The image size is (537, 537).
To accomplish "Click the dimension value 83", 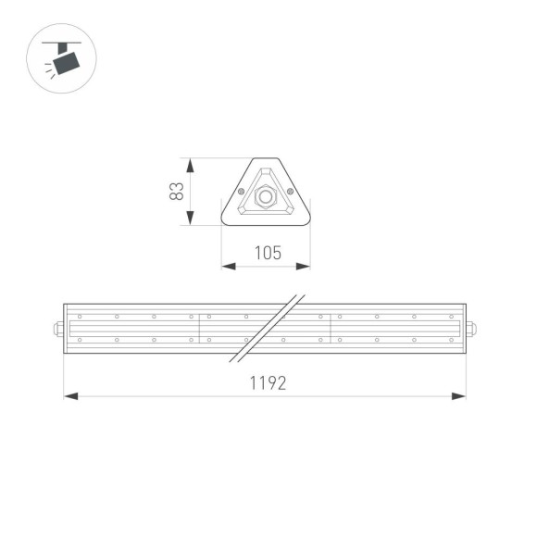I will [176, 192].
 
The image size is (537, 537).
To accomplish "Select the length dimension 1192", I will [266, 383].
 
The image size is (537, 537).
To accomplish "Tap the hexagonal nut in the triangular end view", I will [266, 196].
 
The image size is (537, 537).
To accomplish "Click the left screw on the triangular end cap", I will [242, 192].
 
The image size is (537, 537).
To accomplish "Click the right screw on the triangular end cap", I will [290, 192].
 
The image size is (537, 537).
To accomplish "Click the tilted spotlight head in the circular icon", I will [66, 63].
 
